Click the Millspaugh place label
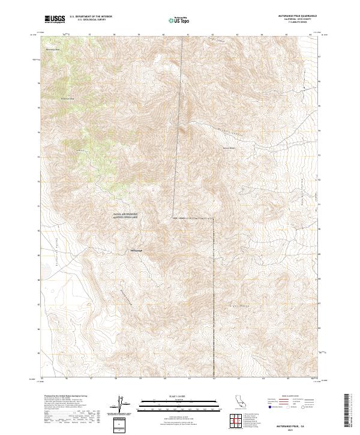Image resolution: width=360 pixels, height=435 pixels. click(x=137, y=250)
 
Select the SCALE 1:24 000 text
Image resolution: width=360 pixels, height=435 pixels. click(x=174, y=397)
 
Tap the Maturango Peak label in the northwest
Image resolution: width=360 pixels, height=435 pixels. click(x=53, y=49)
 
